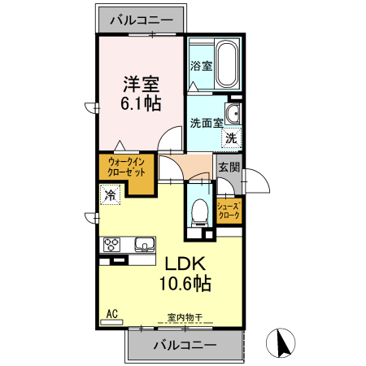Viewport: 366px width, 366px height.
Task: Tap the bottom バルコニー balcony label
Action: (185, 345)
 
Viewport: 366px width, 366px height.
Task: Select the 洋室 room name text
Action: (141, 84)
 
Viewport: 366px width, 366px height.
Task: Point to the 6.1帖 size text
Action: (141, 103)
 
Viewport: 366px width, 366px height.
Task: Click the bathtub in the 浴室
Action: (227, 63)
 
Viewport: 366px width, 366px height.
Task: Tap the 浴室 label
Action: (201, 66)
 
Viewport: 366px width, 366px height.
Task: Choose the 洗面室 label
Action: (207, 123)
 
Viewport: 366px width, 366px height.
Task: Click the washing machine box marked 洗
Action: (232, 138)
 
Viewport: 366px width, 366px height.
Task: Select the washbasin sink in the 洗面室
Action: (233, 113)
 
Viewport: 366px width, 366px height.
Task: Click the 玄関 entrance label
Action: (229, 168)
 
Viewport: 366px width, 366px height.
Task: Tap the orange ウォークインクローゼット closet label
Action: (126, 168)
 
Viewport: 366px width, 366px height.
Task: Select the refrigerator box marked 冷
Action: (110, 194)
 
